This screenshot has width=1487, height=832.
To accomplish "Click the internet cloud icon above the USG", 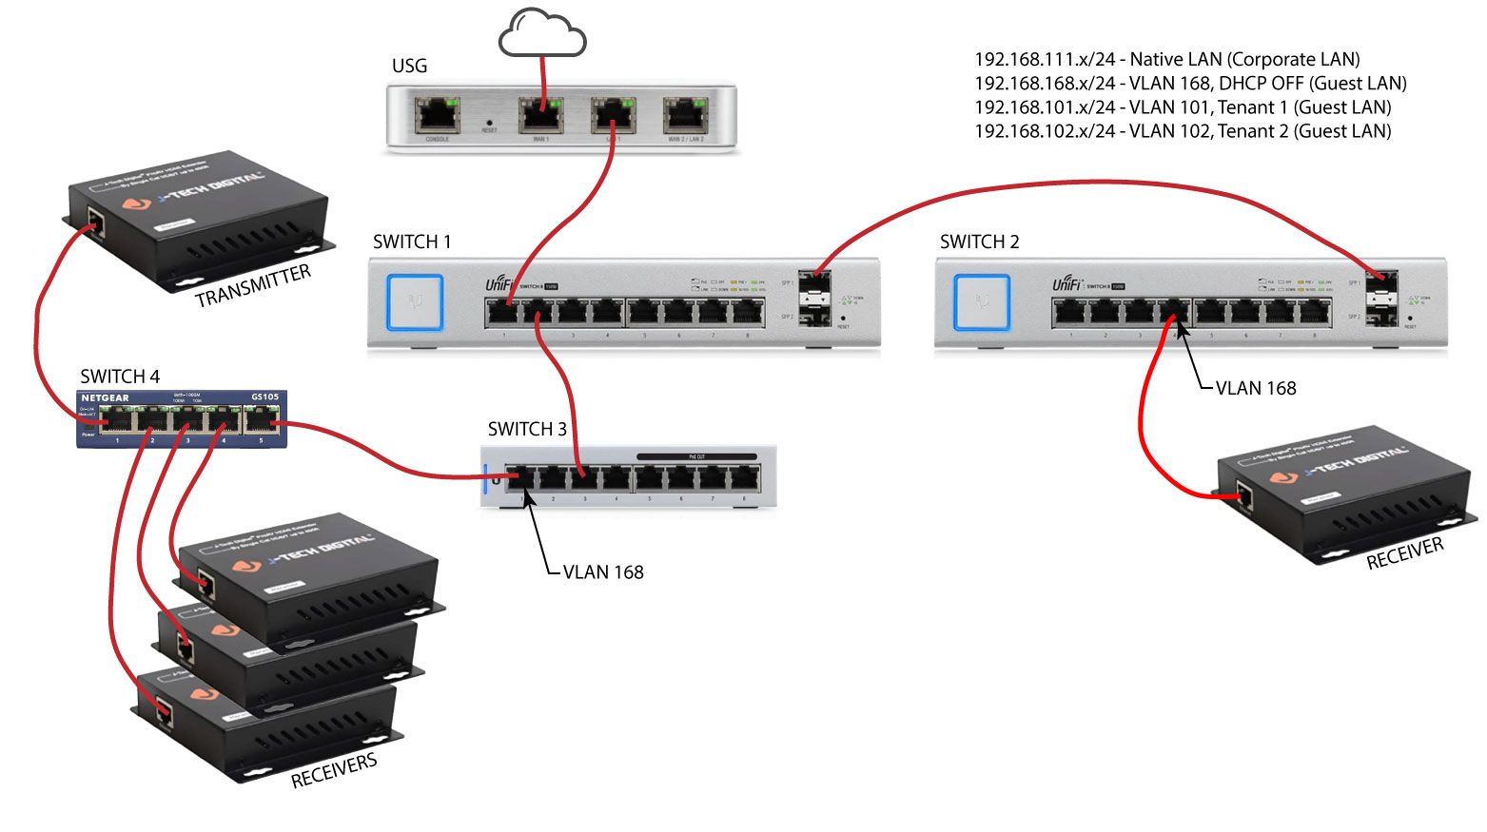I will click(542, 33).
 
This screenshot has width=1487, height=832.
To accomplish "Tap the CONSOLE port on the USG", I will click(438, 115).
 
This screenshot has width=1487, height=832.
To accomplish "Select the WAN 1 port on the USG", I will click(540, 115).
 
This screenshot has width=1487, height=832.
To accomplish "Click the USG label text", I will click(409, 66).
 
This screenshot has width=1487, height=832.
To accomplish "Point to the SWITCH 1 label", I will click(412, 242).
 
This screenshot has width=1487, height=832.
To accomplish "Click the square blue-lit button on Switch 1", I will click(415, 302).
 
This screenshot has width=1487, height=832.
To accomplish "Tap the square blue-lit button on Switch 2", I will click(982, 302).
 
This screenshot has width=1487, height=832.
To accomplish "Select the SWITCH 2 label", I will click(979, 242).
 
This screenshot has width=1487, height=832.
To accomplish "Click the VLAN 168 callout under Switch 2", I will click(1256, 388).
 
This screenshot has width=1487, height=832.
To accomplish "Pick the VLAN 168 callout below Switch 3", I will click(603, 572).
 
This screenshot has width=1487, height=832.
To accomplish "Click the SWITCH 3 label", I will click(527, 429).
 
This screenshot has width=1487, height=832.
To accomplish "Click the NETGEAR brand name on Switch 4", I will click(105, 397).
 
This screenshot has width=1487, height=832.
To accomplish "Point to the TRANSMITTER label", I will click(253, 286).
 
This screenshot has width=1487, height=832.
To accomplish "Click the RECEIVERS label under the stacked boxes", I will click(334, 771).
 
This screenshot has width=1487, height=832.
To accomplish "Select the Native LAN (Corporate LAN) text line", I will click(1167, 59).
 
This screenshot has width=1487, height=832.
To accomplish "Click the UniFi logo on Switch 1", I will click(500, 284).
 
